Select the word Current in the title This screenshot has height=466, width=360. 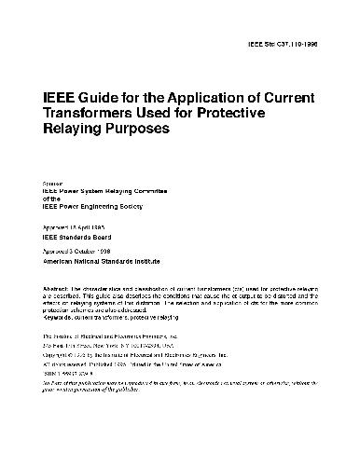pyautogui.click(x=290, y=96)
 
